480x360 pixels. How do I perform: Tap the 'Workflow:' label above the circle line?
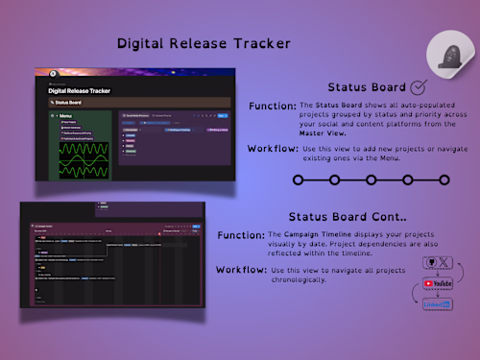coord(276,150)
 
